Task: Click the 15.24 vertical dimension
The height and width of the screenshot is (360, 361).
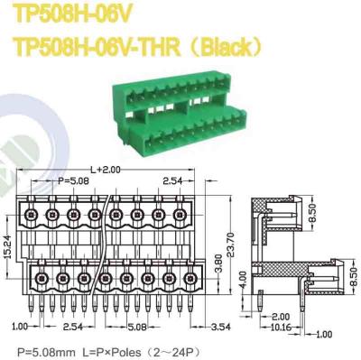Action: (8, 243)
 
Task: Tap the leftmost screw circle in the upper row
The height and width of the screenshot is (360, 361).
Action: (31, 216)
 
